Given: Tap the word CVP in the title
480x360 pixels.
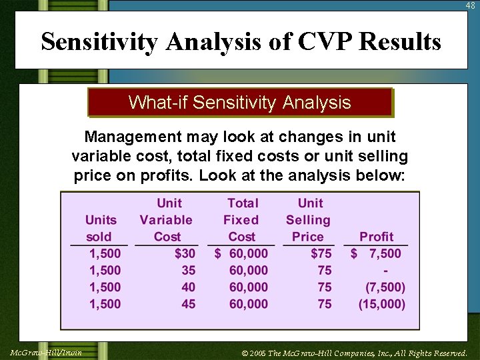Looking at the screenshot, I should (x=323, y=42).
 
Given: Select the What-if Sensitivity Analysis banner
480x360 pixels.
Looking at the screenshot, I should (x=239, y=103).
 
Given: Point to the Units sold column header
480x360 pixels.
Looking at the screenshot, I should (x=101, y=228).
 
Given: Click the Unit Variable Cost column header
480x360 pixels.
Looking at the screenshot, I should (x=167, y=220).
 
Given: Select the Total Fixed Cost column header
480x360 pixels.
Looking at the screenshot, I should (x=242, y=220).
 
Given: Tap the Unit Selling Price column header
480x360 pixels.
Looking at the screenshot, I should (x=309, y=220).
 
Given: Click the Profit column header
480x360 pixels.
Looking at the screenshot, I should (x=376, y=237).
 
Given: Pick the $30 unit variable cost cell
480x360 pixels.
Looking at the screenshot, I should (x=185, y=253).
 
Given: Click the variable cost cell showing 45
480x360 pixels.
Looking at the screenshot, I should (x=189, y=304).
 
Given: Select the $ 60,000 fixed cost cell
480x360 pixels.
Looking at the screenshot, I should (x=241, y=253).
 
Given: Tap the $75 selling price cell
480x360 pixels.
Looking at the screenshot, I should (x=321, y=253).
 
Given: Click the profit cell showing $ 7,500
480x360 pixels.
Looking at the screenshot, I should (x=377, y=253).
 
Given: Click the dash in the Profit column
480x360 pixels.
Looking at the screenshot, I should (x=386, y=271).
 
